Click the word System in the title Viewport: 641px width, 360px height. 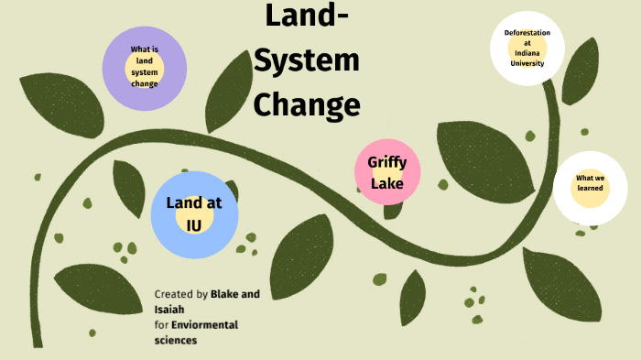click(x=307, y=61)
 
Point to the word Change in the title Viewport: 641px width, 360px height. click(x=307, y=104)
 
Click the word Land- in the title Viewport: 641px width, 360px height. click(x=307, y=17)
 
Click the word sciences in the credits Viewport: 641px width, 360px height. click(x=176, y=340)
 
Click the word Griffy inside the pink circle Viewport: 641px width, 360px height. click(x=386, y=162)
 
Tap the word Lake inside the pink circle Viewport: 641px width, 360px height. click(x=386, y=184)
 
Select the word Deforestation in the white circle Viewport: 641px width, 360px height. click(x=527, y=33)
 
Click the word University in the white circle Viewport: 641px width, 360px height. click(x=527, y=63)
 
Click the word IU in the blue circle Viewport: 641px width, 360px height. click(x=194, y=224)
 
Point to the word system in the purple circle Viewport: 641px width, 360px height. click(x=145, y=71)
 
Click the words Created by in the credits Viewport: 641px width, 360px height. click(x=181, y=294)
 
